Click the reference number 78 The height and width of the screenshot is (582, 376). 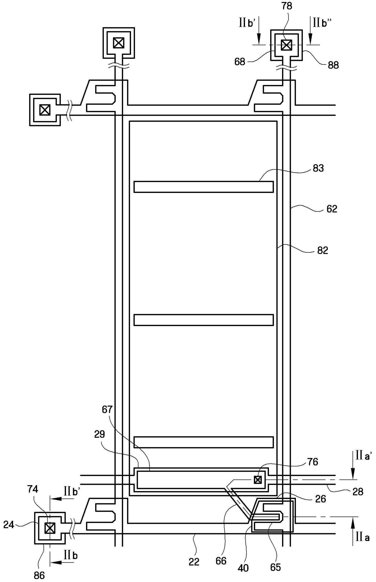(287, 6)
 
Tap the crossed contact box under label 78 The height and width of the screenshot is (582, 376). (286, 45)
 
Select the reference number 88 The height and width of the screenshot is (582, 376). (333, 65)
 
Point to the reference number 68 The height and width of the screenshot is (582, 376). (240, 62)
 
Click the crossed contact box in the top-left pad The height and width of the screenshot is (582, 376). (119, 43)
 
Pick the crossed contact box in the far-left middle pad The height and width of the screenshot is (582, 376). (45, 110)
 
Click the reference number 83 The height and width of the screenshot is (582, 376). (318, 168)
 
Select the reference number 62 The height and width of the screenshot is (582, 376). (332, 209)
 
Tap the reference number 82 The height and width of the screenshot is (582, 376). (322, 250)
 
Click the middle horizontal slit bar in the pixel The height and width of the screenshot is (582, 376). (203, 320)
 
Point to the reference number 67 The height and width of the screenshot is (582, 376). (107, 410)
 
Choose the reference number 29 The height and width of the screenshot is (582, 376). (99, 434)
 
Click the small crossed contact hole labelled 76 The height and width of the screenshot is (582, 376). (258, 480)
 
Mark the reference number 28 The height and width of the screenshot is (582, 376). (358, 491)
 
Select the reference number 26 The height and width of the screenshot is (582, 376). (320, 499)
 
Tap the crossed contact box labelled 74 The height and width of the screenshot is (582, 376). (50, 528)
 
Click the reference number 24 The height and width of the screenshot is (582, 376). (8, 524)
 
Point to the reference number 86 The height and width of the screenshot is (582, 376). (39, 575)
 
